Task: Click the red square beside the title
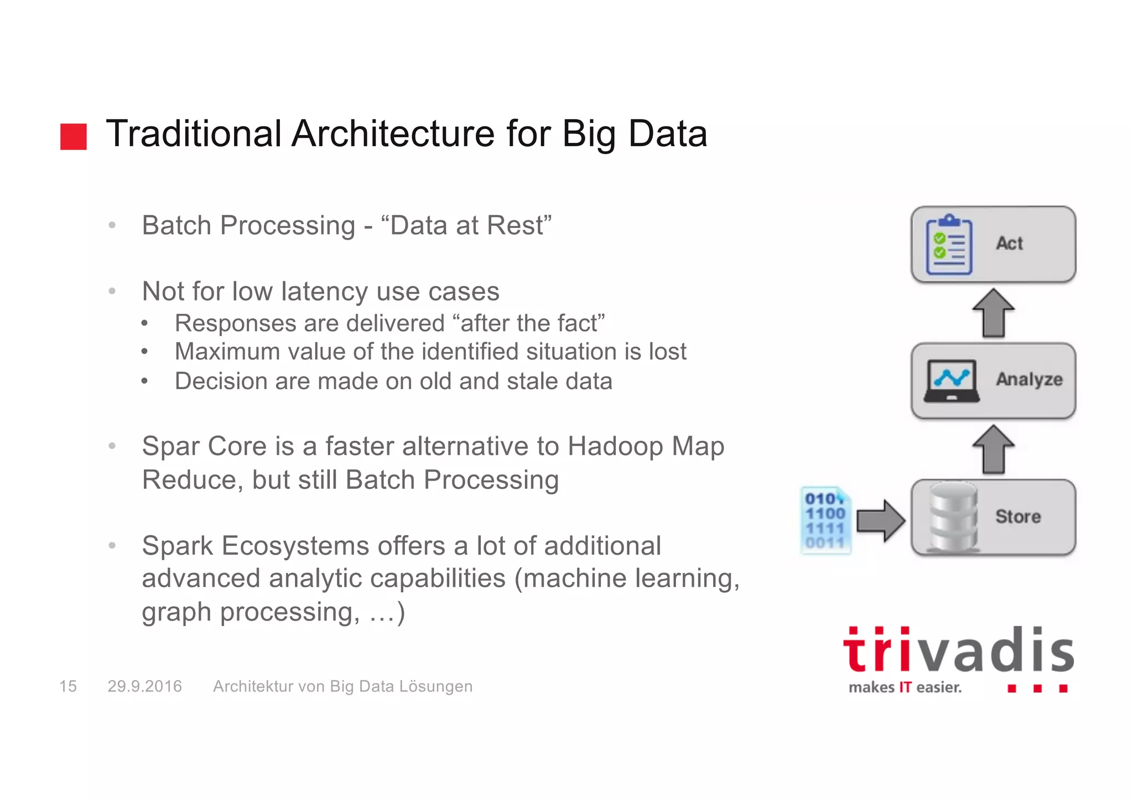click(74, 136)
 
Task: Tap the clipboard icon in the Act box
click(949, 245)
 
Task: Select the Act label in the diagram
click(1009, 243)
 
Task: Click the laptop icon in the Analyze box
click(951, 381)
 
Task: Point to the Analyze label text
click(1029, 379)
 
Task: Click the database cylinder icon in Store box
click(953, 517)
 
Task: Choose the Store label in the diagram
click(1018, 516)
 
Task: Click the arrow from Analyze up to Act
click(994, 313)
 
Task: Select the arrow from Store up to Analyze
click(994, 449)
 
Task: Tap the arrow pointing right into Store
click(880, 520)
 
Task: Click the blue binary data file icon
click(825, 520)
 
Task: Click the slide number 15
click(68, 686)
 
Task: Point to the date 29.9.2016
click(144, 686)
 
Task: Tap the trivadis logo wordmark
click(958, 650)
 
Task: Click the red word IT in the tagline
click(905, 688)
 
